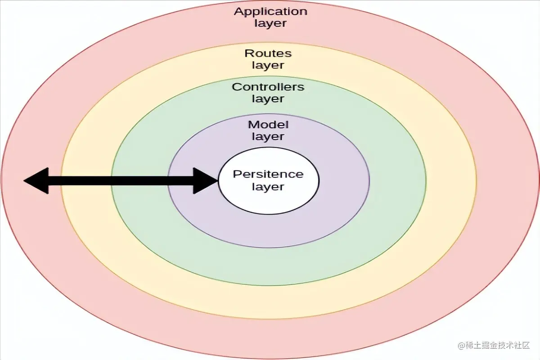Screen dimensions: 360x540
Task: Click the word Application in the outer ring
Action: click(x=270, y=12)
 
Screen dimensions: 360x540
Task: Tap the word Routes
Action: click(x=268, y=54)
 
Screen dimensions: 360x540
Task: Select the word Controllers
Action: click(x=268, y=87)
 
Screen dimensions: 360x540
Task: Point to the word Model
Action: click(x=268, y=125)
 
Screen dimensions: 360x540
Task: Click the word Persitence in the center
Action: click(x=268, y=174)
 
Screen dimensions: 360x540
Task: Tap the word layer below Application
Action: click(x=270, y=23)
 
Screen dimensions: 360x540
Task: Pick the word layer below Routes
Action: click(x=268, y=66)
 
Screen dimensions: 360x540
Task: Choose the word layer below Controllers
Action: click(x=268, y=99)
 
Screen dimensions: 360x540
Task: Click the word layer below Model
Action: click(x=268, y=137)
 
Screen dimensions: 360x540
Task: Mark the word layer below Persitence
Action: click(x=268, y=186)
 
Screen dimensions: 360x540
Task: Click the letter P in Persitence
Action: click(x=236, y=174)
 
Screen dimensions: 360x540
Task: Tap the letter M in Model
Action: click(x=253, y=125)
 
